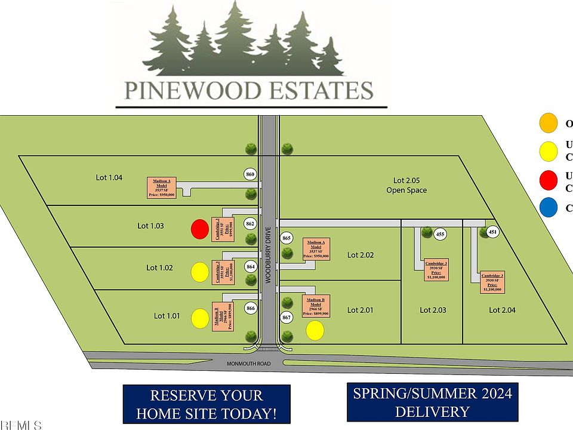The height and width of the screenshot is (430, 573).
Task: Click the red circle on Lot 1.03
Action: click(199, 229)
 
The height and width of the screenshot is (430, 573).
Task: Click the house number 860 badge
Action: click(251, 174)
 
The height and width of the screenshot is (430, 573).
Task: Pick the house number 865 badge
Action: click(286, 238)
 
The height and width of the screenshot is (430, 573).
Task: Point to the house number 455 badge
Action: click(440, 234)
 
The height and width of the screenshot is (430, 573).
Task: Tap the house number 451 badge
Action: click(493, 232)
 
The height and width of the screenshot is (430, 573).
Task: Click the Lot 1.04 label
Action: click(109, 177)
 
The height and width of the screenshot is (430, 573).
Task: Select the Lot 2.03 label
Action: click(433, 310)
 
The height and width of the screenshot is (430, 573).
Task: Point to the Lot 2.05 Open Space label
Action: click(410, 185)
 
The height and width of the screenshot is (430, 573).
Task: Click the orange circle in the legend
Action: click(547, 124)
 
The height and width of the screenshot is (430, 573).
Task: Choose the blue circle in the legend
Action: click(547, 208)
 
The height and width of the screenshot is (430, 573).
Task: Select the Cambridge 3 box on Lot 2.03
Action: click(436, 271)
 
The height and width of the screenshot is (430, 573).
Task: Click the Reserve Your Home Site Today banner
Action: click(206, 404)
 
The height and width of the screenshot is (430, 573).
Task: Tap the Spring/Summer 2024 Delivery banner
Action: click(433, 403)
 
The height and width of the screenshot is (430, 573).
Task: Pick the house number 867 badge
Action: click(286, 317)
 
